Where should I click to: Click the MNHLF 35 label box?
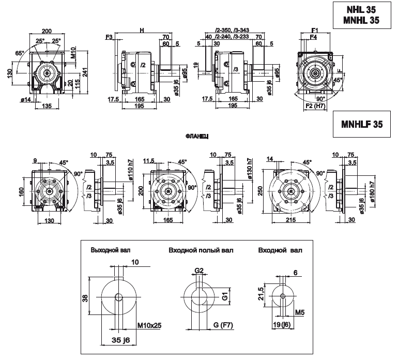coord(362,124)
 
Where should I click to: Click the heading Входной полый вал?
coord(201,250)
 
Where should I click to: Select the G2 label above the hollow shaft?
coord(199,270)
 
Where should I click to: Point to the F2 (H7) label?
coord(315,106)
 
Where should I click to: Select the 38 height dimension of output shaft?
coord(85,297)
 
